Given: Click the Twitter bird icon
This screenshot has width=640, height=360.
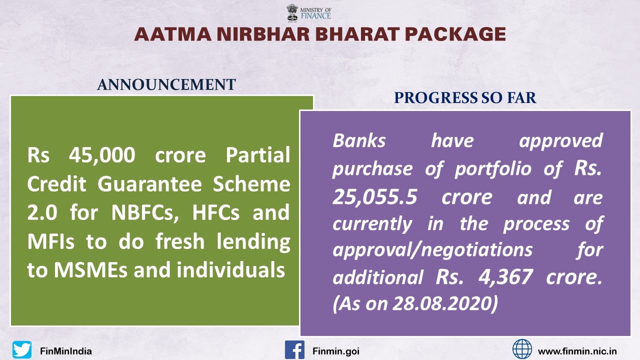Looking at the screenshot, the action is tap(22, 349).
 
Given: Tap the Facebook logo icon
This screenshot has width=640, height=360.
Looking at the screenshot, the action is tap(294, 349).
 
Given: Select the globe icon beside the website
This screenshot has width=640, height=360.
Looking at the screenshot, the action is tap(522, 349).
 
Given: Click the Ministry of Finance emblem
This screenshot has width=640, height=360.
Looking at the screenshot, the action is tap(292, 13).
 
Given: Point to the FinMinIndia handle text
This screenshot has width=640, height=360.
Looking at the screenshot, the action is tap(66, 351).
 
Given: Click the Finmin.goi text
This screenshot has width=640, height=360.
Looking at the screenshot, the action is tap(336, 351).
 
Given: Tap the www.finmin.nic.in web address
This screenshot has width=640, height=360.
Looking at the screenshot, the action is tap(577, 351).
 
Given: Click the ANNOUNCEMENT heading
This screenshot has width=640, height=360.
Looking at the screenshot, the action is tap(166, 84).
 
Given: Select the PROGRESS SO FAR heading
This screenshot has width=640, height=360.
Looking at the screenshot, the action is tap(465, 97).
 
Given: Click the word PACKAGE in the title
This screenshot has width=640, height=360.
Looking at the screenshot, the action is tap(455, 34).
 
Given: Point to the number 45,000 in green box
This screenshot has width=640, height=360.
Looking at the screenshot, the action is tap(102, 155).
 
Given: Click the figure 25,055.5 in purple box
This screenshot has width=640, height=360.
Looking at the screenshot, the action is tap(375, 197).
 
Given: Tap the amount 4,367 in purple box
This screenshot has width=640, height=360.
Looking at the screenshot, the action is tap(505, 277).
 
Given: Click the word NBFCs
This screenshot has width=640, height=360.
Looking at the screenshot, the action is tap(145, 213).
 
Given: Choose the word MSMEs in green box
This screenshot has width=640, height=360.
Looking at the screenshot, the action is tap(90, 270).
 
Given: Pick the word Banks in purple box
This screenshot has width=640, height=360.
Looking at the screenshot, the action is tap(359, 140).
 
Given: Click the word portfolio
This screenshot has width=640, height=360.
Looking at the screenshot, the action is tap(493, 168).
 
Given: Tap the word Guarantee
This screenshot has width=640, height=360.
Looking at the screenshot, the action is tap(149, 184).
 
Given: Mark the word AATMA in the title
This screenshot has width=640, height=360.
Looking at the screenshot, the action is tap(173, 34).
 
